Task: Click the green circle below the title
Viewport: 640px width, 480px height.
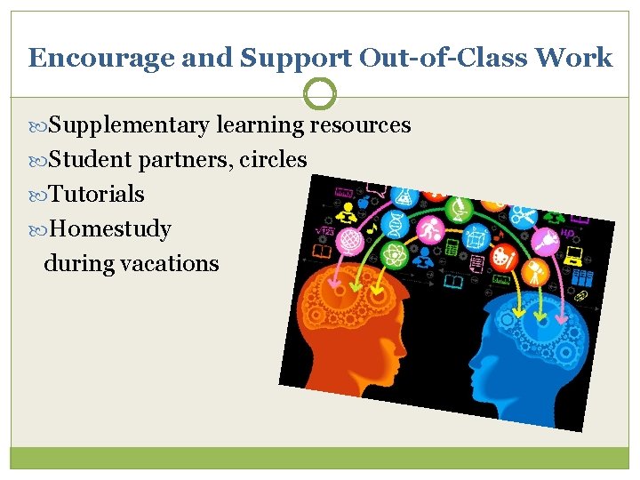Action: [320, 93]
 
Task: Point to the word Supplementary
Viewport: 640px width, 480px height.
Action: [130, 125]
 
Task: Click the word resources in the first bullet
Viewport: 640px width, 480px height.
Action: [360, 125]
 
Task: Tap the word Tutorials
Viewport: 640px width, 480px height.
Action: [97, 195]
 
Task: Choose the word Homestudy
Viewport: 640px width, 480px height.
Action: [110, 229]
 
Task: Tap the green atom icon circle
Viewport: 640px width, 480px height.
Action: [393, 256]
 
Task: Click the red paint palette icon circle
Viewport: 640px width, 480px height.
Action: [502, 258]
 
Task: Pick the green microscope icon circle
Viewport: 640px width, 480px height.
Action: [460, 209]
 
